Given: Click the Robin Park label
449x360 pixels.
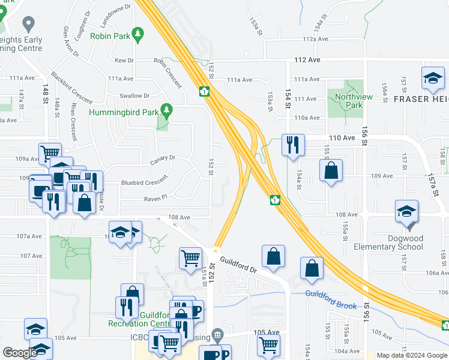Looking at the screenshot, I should click(x=110, y=36).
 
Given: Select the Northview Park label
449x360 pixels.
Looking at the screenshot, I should click(x=349, y=101).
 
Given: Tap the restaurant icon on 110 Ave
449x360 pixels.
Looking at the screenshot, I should click(x=293, y=145).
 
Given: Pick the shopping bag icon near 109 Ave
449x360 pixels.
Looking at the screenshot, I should click(x=331, y=171).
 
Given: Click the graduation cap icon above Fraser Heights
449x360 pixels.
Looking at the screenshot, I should click(x=432, y=77).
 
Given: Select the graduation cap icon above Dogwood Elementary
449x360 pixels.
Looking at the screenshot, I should click(x=406, y=212).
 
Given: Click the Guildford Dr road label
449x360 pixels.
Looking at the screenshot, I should click(x=238, y=265).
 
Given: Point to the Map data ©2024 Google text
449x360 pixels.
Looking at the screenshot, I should click(x=411, y=355).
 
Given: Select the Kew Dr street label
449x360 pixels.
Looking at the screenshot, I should click(x=124, y=61).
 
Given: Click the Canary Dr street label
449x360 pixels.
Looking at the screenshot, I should click(x=163, y=158).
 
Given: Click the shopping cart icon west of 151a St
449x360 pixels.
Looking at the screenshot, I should click(x=190, y=258).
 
